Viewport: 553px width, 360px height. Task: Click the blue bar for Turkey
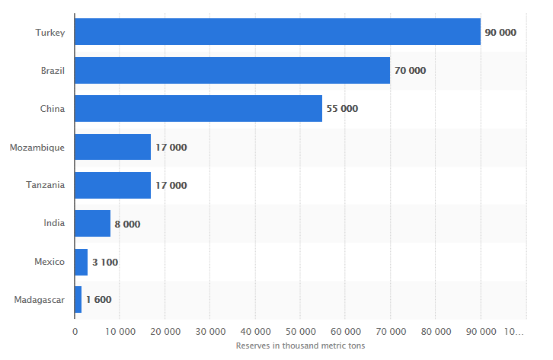(x=277, y=32)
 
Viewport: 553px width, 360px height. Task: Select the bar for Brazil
(x=232, y=71)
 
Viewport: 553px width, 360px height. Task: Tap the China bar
(x=198, y=109)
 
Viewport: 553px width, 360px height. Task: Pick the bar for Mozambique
(x=113, y=147)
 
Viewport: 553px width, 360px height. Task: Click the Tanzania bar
(x=113, y=185)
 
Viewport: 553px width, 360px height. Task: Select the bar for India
(x=92, y=223)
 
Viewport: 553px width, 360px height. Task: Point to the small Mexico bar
(x=82, y=262)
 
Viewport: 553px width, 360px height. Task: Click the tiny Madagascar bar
(x=78, y=299)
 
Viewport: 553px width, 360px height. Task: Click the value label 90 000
(x=500, y=33)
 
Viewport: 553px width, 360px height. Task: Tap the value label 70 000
(x=410, y=71)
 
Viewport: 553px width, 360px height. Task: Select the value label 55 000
(x=342, y=109)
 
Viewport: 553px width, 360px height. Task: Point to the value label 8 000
(x=127, y=224)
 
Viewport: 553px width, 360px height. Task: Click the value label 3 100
(x=105, y=262)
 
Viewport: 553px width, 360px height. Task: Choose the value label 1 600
(x=98, y=300)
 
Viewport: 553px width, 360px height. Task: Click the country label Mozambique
(x=37, y=147)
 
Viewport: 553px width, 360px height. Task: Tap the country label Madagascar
(x=39, y=300)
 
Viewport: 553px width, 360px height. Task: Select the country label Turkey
(x=50, y=33)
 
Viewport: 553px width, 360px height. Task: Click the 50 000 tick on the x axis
(x=300, y=332)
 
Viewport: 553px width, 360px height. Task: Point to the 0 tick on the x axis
(x=75, y=332)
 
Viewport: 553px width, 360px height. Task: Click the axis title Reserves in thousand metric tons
(x=300, y=346)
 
